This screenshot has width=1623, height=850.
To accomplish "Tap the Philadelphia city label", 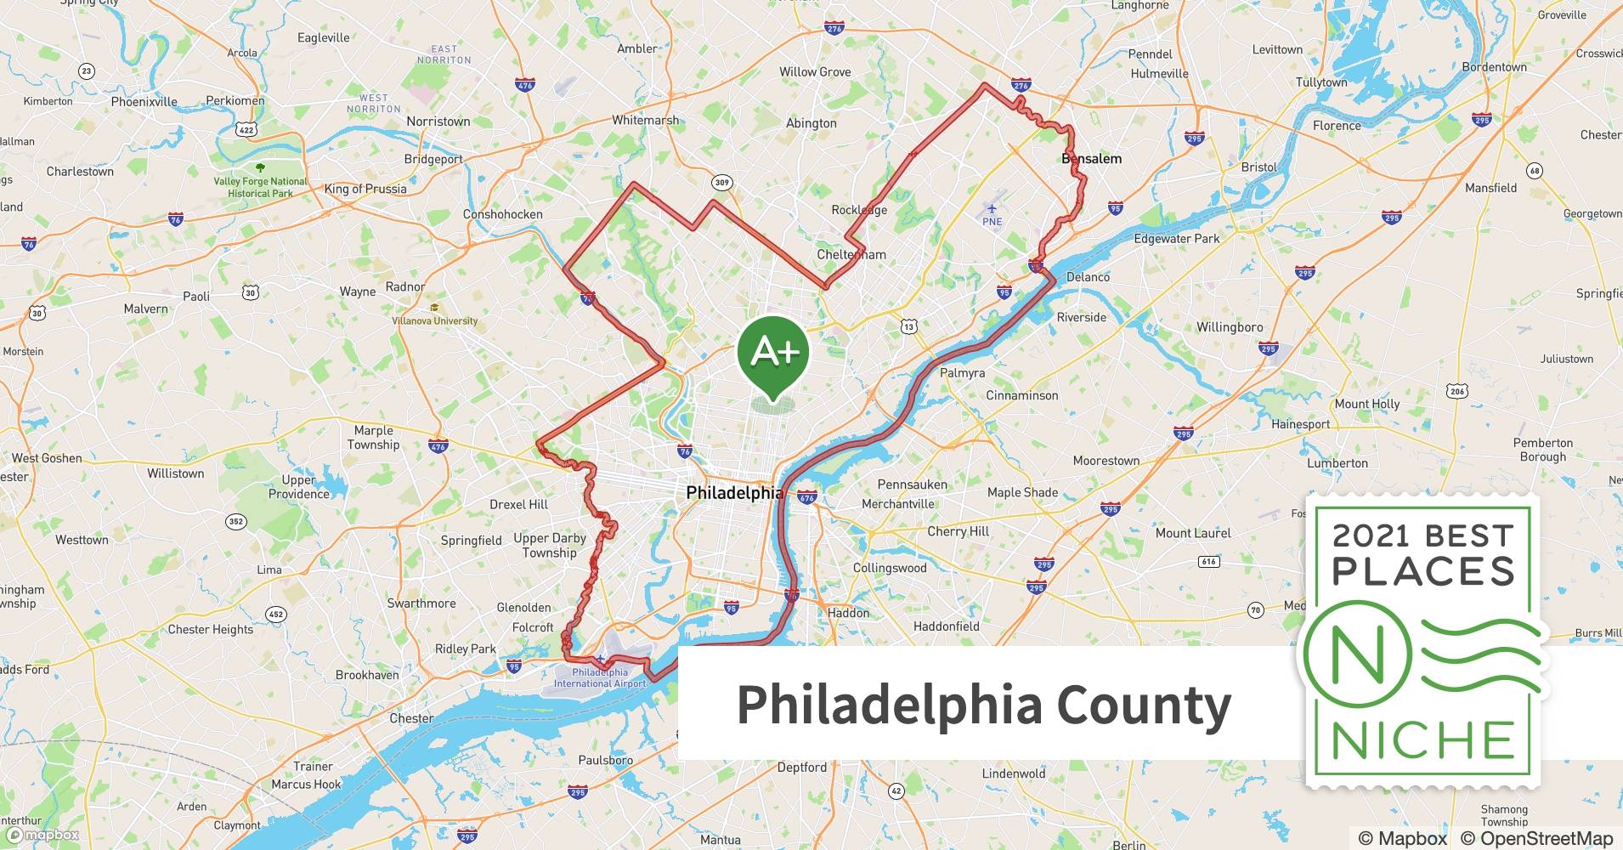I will pyautogui.click(x=734, y=493).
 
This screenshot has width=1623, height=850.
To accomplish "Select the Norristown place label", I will pyautogui.click(x=438, y=122).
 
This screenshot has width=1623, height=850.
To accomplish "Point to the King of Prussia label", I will pyautogui.click(x=365, y=189).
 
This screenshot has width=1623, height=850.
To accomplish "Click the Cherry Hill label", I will pyautogui.click(x=958, y=531).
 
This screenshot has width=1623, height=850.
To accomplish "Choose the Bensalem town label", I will pyautogui.click(x=1091, y=159).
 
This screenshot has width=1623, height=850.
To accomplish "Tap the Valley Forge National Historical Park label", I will pyautogui.click(x=260, y=187).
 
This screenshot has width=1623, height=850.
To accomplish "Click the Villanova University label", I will pyautogui.click(x=434, y=320).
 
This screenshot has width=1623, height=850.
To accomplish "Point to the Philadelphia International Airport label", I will pyautogui.click(x=600, y=677).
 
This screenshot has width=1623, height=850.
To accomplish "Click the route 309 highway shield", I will pyautogui.click(x=721, y=182).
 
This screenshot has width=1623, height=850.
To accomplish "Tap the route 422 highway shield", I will pyautogui.click(x=246, y=129).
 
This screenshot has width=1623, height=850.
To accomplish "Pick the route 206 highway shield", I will pyautogui.click(x=1457, y=391).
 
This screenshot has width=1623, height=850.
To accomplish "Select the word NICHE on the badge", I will pyautogui.click(x=1423, y=740).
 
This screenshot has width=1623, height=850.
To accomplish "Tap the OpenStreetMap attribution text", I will pyautogui.click(x=1536, y=838).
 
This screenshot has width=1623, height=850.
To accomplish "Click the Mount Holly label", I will pyautogui.click(x=1366, y=404).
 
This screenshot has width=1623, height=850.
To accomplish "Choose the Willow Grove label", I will pyautogui.click(x=815, y=72).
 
